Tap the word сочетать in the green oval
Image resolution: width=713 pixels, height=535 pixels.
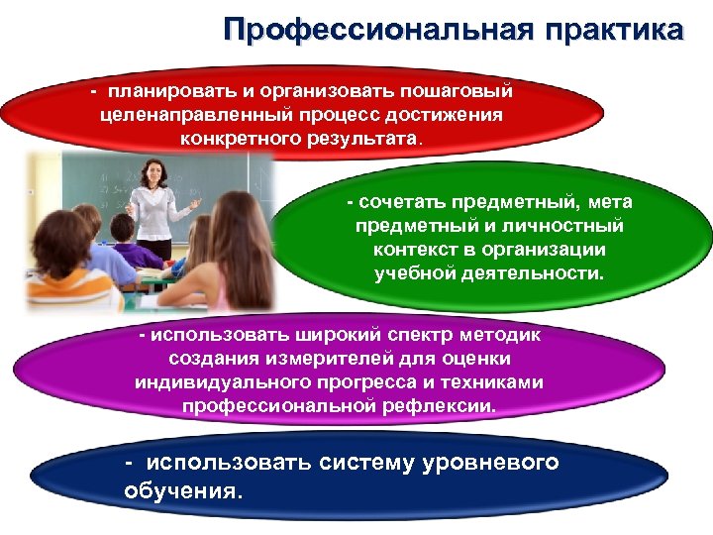coord(403,203)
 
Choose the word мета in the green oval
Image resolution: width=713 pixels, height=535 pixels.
coord(609,203)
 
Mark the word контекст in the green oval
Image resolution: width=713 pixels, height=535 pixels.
coord(411,251)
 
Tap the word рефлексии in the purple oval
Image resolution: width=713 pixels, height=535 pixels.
coord(448,406)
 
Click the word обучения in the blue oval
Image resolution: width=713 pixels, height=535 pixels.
coord(180,489)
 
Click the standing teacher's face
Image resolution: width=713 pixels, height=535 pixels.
coord(154,172)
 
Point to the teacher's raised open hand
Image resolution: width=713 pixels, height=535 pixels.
coord(195,202)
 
